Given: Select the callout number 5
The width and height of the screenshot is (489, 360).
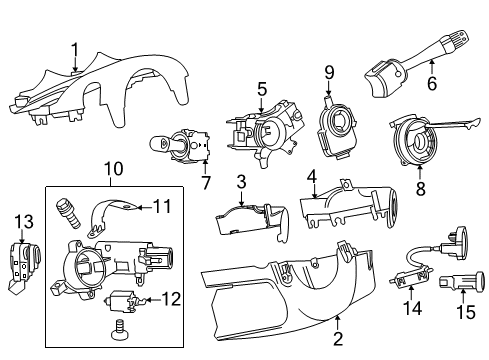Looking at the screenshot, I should tap(260, 89).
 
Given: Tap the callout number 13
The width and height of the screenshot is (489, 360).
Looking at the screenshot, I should tap(23, 220).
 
